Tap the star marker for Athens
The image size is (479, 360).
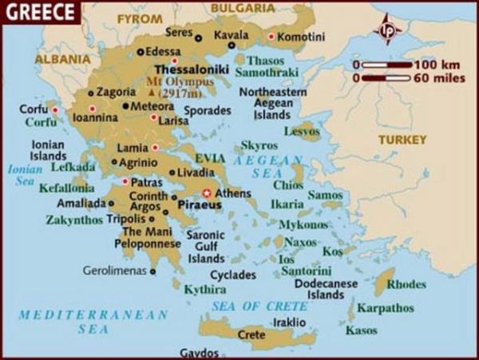[207, 192]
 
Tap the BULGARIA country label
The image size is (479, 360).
[238, 8]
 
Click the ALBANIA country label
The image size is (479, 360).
[61, 58]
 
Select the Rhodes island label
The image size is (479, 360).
[406, 283]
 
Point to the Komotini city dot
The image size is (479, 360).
[271, 37]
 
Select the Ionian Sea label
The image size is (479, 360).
[22, 175]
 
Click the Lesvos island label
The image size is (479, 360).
[302, 129]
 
